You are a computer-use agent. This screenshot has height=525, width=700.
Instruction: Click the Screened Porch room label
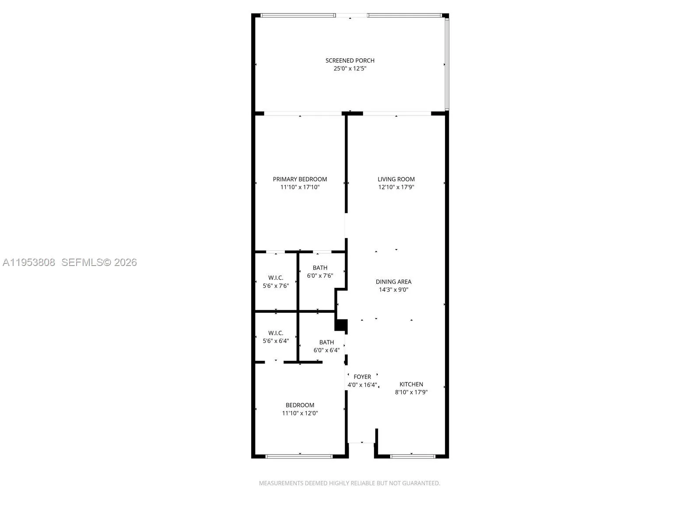350,60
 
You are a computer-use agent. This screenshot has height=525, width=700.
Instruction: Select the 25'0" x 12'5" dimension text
350,69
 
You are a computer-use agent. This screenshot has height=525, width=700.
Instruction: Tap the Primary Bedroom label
300,179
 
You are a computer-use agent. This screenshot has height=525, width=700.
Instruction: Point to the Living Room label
396,179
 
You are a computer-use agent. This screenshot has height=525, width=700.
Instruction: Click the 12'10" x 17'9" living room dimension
396,187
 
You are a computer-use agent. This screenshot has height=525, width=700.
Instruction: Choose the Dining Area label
393,282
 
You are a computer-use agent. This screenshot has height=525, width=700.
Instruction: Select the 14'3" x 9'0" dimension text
393,290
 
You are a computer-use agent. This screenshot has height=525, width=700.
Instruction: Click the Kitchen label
411,384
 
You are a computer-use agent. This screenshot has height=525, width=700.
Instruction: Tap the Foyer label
362,377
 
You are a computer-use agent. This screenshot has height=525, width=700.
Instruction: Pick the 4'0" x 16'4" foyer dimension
362,385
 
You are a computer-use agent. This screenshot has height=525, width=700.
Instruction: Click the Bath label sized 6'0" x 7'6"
320,268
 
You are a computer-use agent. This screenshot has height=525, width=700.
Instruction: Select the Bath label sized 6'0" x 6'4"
326,342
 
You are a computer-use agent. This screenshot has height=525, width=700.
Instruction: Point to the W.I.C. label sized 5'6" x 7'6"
276,278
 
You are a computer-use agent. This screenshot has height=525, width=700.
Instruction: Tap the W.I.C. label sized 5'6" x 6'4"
276,333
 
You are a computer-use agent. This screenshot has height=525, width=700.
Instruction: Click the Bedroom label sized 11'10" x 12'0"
300,405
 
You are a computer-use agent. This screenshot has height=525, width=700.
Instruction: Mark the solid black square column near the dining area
341,325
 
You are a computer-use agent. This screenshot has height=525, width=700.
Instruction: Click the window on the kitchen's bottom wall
413,456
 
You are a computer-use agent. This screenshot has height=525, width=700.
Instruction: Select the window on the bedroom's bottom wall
299,456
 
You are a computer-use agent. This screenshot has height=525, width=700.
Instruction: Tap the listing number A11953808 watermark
29,262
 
